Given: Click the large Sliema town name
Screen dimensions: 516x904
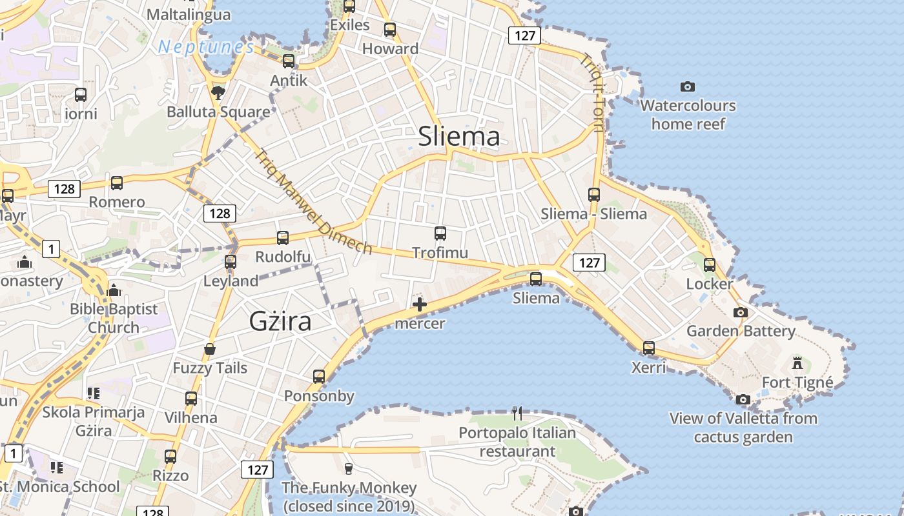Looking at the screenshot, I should pos(459,137).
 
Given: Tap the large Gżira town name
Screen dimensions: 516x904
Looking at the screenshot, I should pos(280,321).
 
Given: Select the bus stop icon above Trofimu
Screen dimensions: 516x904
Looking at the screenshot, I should pos(440,233).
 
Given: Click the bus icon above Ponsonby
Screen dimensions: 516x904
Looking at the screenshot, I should pos(319,377).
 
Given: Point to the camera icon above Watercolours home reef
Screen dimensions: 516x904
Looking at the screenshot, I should pos(688,86).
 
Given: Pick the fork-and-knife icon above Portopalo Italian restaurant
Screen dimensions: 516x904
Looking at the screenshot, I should pos(517,413).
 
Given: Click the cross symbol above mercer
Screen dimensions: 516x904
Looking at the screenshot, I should pos(420,304).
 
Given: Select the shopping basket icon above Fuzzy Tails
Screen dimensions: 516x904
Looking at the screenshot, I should pos(210,350).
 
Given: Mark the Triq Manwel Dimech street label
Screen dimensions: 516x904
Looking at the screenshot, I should pos(314,202).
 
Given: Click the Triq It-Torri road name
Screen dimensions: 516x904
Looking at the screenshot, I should pos(592,92).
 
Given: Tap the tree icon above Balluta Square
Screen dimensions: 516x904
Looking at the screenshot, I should pos(218,93).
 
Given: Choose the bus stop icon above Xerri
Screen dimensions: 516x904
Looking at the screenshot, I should pos(649,348).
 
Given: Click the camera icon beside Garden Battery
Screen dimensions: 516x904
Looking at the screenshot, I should pos(741,313).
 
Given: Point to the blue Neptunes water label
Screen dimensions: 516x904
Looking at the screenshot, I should pos(206,47).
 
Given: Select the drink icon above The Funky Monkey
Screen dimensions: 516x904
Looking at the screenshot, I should pos(349,468).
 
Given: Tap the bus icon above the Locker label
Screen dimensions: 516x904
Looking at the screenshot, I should pos(710,264).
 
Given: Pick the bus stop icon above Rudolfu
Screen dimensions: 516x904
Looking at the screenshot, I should pos(283,238).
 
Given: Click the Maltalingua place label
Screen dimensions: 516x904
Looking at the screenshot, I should pos(189,14).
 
